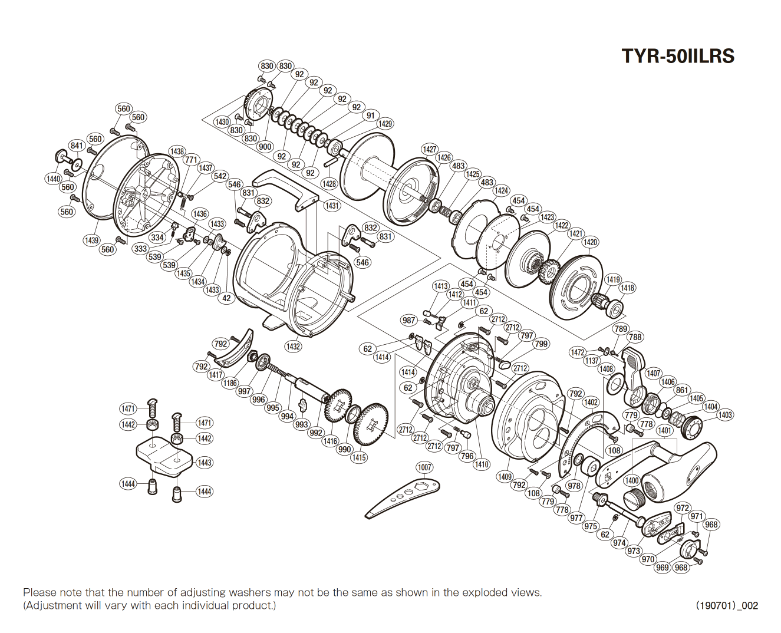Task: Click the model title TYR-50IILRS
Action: (678, 56)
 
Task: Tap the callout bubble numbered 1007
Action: (424, 467)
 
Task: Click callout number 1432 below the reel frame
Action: (293, 347)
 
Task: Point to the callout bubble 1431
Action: (332, 206)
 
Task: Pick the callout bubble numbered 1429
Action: (385, 124)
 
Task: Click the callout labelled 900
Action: (265, 147)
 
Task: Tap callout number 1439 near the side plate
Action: (91, 240)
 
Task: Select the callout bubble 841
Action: (77, 146)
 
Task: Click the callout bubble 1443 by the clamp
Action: (205, 463)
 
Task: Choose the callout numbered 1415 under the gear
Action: (358, 457)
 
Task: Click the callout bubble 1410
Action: (482, 464)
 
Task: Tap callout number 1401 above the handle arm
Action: (664, 430)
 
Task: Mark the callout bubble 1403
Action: (725, 415)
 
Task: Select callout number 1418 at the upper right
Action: (627, 288)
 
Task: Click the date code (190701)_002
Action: (727, 605)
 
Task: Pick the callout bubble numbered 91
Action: (370, 116)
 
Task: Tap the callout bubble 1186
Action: (230, 383)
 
